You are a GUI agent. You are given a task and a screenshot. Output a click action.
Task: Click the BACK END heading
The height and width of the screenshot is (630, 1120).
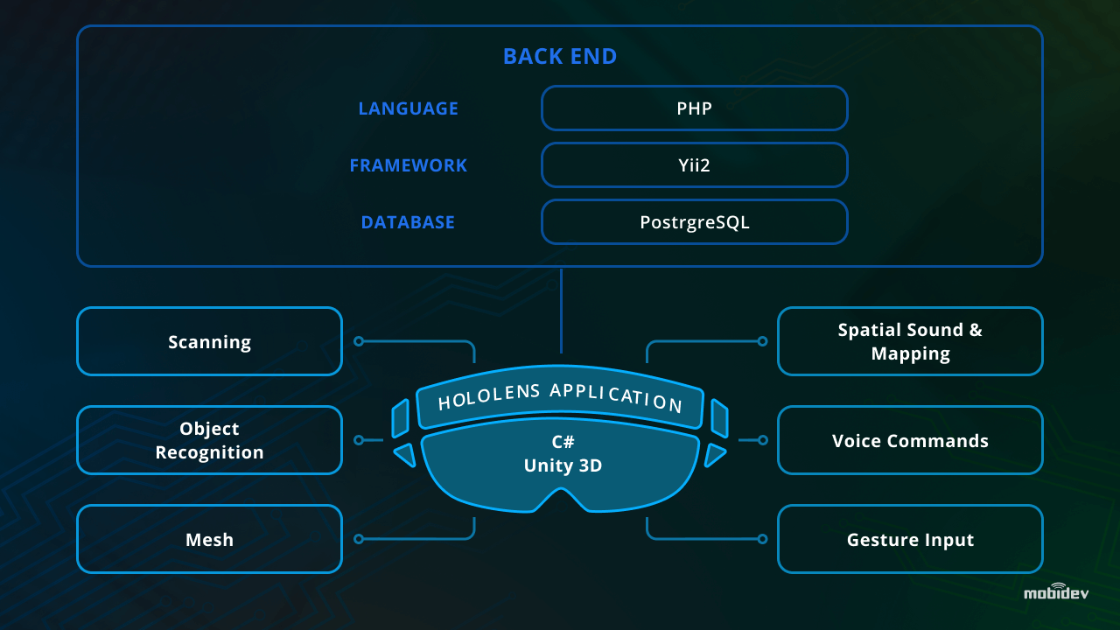[x=560, y=57]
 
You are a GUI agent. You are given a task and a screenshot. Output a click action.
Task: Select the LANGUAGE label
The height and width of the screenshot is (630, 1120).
[x=408, y=108]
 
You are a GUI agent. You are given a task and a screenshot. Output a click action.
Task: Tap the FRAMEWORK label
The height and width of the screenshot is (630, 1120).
[x=408, y=165]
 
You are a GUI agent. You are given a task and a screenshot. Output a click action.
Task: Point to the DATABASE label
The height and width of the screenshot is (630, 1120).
[x=408, y=222]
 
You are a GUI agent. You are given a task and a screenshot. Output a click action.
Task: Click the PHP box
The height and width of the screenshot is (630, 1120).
[x=694, y=108]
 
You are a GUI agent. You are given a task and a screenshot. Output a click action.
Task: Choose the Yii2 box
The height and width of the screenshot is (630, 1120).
[x=694, y=165]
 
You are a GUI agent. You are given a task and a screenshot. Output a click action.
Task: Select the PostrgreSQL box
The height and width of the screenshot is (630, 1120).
[x=694, y=222]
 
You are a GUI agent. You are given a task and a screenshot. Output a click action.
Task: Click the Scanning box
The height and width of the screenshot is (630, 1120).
[x=209, y=341]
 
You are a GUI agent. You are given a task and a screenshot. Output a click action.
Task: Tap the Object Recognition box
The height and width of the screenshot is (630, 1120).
[x=209, y=440]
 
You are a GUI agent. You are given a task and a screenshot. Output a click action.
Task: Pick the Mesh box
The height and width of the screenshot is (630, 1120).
[x=209, y=539]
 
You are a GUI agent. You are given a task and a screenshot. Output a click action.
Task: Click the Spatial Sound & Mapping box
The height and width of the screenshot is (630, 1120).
[x=910, y=341]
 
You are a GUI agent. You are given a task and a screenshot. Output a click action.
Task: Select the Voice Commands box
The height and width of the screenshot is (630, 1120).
[x=910, y=440]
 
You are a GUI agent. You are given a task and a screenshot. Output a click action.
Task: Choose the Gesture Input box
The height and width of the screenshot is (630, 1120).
[x=910, y=539]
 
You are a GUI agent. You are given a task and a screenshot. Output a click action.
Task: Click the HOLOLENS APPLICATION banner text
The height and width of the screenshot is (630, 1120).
[x=560, y=398]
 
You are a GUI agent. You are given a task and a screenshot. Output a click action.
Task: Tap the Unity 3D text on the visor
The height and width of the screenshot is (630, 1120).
[x=563, y=466]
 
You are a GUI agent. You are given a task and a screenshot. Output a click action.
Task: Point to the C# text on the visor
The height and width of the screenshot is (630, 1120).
[x=563, y=442]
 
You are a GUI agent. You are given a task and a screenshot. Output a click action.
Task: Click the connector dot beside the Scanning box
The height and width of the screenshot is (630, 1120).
[x=359, y=341]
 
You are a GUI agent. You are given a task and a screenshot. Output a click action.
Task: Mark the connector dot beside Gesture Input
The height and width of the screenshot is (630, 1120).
[x=762, y=539]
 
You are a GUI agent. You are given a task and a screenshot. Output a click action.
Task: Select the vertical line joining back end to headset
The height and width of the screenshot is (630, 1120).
[x=561, y=311]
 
